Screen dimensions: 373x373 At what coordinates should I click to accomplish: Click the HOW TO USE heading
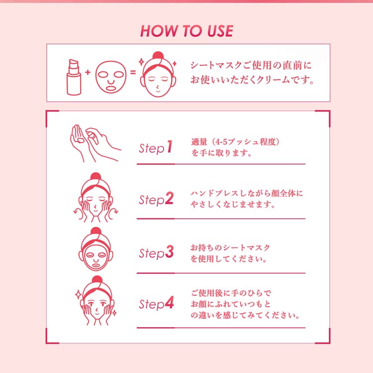coord(186,31)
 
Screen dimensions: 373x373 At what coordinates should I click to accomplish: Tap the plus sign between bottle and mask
coord(88,72)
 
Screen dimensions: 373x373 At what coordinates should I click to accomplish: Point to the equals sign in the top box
coord(133,72)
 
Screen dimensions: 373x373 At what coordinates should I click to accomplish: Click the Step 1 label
coord(155,148)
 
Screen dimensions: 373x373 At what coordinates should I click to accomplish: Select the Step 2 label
coord(156,200)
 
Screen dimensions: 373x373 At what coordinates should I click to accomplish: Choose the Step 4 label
coord(156,303)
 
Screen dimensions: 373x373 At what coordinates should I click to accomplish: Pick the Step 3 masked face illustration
coord(96,251)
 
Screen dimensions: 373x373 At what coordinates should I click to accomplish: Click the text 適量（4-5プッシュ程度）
coord(236,142)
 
